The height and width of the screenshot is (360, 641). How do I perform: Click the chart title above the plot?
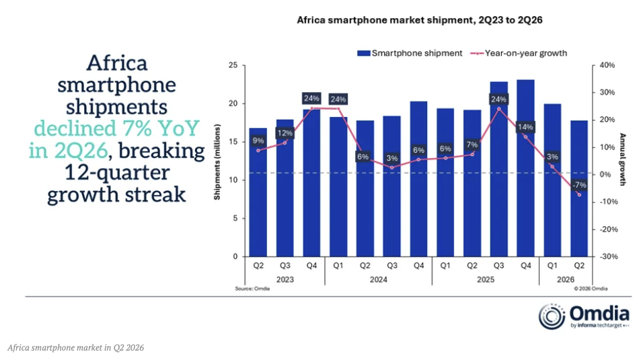[420, 20]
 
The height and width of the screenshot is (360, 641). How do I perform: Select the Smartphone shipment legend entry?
[410, 53]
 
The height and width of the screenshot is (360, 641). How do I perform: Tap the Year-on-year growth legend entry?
[519, 53]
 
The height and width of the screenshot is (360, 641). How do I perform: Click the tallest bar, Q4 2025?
[525, 168]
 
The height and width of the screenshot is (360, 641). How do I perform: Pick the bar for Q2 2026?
[579, 188]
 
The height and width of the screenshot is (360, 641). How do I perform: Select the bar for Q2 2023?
[258, 192]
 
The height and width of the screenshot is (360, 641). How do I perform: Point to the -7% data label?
[579, 185]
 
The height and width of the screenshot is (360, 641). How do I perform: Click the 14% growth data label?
[525, 127]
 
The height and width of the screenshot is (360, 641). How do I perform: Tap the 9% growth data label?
[258, 141]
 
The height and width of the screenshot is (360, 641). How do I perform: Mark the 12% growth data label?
[285, 133]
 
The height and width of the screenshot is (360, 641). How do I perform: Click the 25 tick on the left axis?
[233, 65]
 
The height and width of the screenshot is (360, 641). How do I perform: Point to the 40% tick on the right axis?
[607, 65]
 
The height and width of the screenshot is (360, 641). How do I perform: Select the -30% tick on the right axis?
[608, 256]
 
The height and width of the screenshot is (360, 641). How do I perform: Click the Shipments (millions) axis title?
[217, 162]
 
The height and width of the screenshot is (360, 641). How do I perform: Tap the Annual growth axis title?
[622, 159]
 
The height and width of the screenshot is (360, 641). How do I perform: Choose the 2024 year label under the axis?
[379, 279]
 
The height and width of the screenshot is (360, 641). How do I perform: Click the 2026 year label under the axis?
[566, 279]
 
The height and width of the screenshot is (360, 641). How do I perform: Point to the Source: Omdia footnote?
[252, 289]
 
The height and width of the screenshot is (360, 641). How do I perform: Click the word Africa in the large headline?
[117, 63]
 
